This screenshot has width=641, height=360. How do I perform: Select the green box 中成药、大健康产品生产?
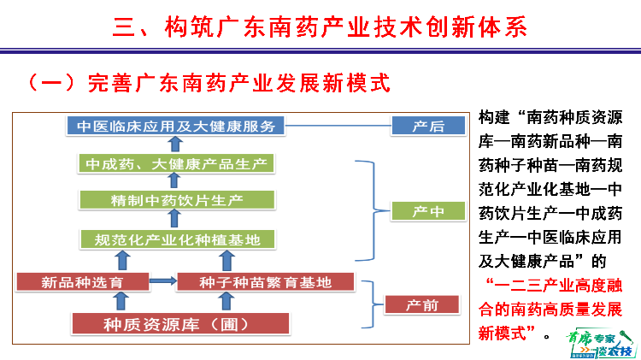(176, 163)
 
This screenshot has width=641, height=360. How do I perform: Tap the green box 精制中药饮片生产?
(176, 201)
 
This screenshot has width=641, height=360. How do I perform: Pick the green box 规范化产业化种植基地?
(176, 239)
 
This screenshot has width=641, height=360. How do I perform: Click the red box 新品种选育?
(82, 280)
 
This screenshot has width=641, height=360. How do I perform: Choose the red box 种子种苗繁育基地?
(265, 280)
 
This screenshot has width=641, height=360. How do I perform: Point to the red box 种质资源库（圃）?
(176, 323)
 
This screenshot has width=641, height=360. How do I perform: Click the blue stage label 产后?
(427, 127)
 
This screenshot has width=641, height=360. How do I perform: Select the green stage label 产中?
(427, 211)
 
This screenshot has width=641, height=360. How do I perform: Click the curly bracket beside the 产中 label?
(370, 210)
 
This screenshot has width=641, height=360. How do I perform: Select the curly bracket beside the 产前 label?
(368, 304)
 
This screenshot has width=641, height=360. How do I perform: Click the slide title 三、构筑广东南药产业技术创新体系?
(320, 27)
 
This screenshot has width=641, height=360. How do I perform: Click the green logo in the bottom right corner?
(597, 343)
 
